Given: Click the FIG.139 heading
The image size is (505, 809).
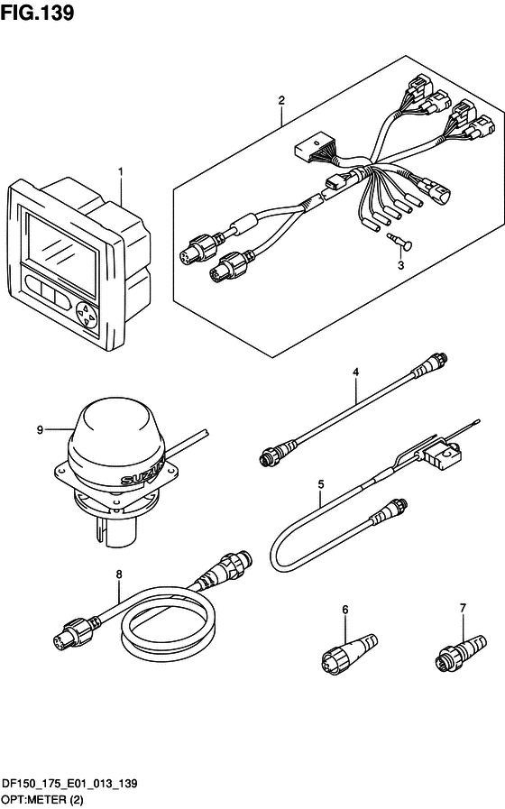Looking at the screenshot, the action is click(37, 13).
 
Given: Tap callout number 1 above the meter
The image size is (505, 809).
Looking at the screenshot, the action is click(121, 171).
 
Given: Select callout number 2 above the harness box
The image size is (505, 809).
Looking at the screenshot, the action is click(281, 100).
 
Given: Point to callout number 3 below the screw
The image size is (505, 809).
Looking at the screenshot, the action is click(400, 266).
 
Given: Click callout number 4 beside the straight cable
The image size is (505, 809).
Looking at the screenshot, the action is click(355, 372).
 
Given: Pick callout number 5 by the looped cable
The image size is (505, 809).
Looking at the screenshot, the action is click(321, 484).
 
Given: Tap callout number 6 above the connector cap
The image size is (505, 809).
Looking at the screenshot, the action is click(345, 610).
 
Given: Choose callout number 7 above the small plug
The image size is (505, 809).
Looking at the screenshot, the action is click(463, 608).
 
